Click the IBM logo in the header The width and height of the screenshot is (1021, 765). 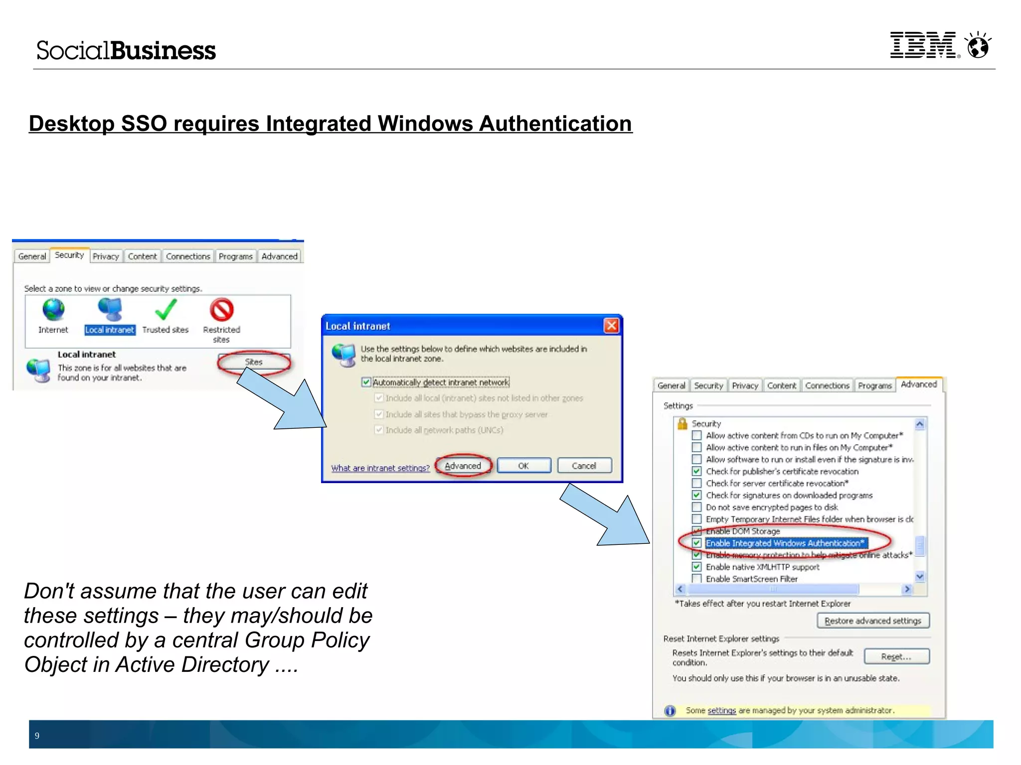point(923,45)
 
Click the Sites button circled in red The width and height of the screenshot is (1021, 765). point(254,362)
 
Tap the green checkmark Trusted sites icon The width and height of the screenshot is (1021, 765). point(166,310)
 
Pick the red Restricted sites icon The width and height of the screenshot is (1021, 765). point(222,310)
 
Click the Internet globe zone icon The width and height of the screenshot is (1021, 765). point(53,310)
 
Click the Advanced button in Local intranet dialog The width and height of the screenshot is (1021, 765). point(463,466)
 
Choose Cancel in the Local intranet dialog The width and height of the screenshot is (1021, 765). point(584,466)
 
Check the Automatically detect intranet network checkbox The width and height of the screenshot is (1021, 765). point(366,382)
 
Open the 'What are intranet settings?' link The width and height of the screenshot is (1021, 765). point(380,468)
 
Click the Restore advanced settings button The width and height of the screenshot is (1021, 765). point(873,621)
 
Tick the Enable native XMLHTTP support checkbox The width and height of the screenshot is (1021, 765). point(697,567)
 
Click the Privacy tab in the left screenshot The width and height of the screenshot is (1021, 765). point(106,256)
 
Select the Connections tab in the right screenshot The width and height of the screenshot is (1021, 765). point(827,385)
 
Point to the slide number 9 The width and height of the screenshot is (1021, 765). point(37,736)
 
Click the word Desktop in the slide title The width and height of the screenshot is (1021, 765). point(71,124)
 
